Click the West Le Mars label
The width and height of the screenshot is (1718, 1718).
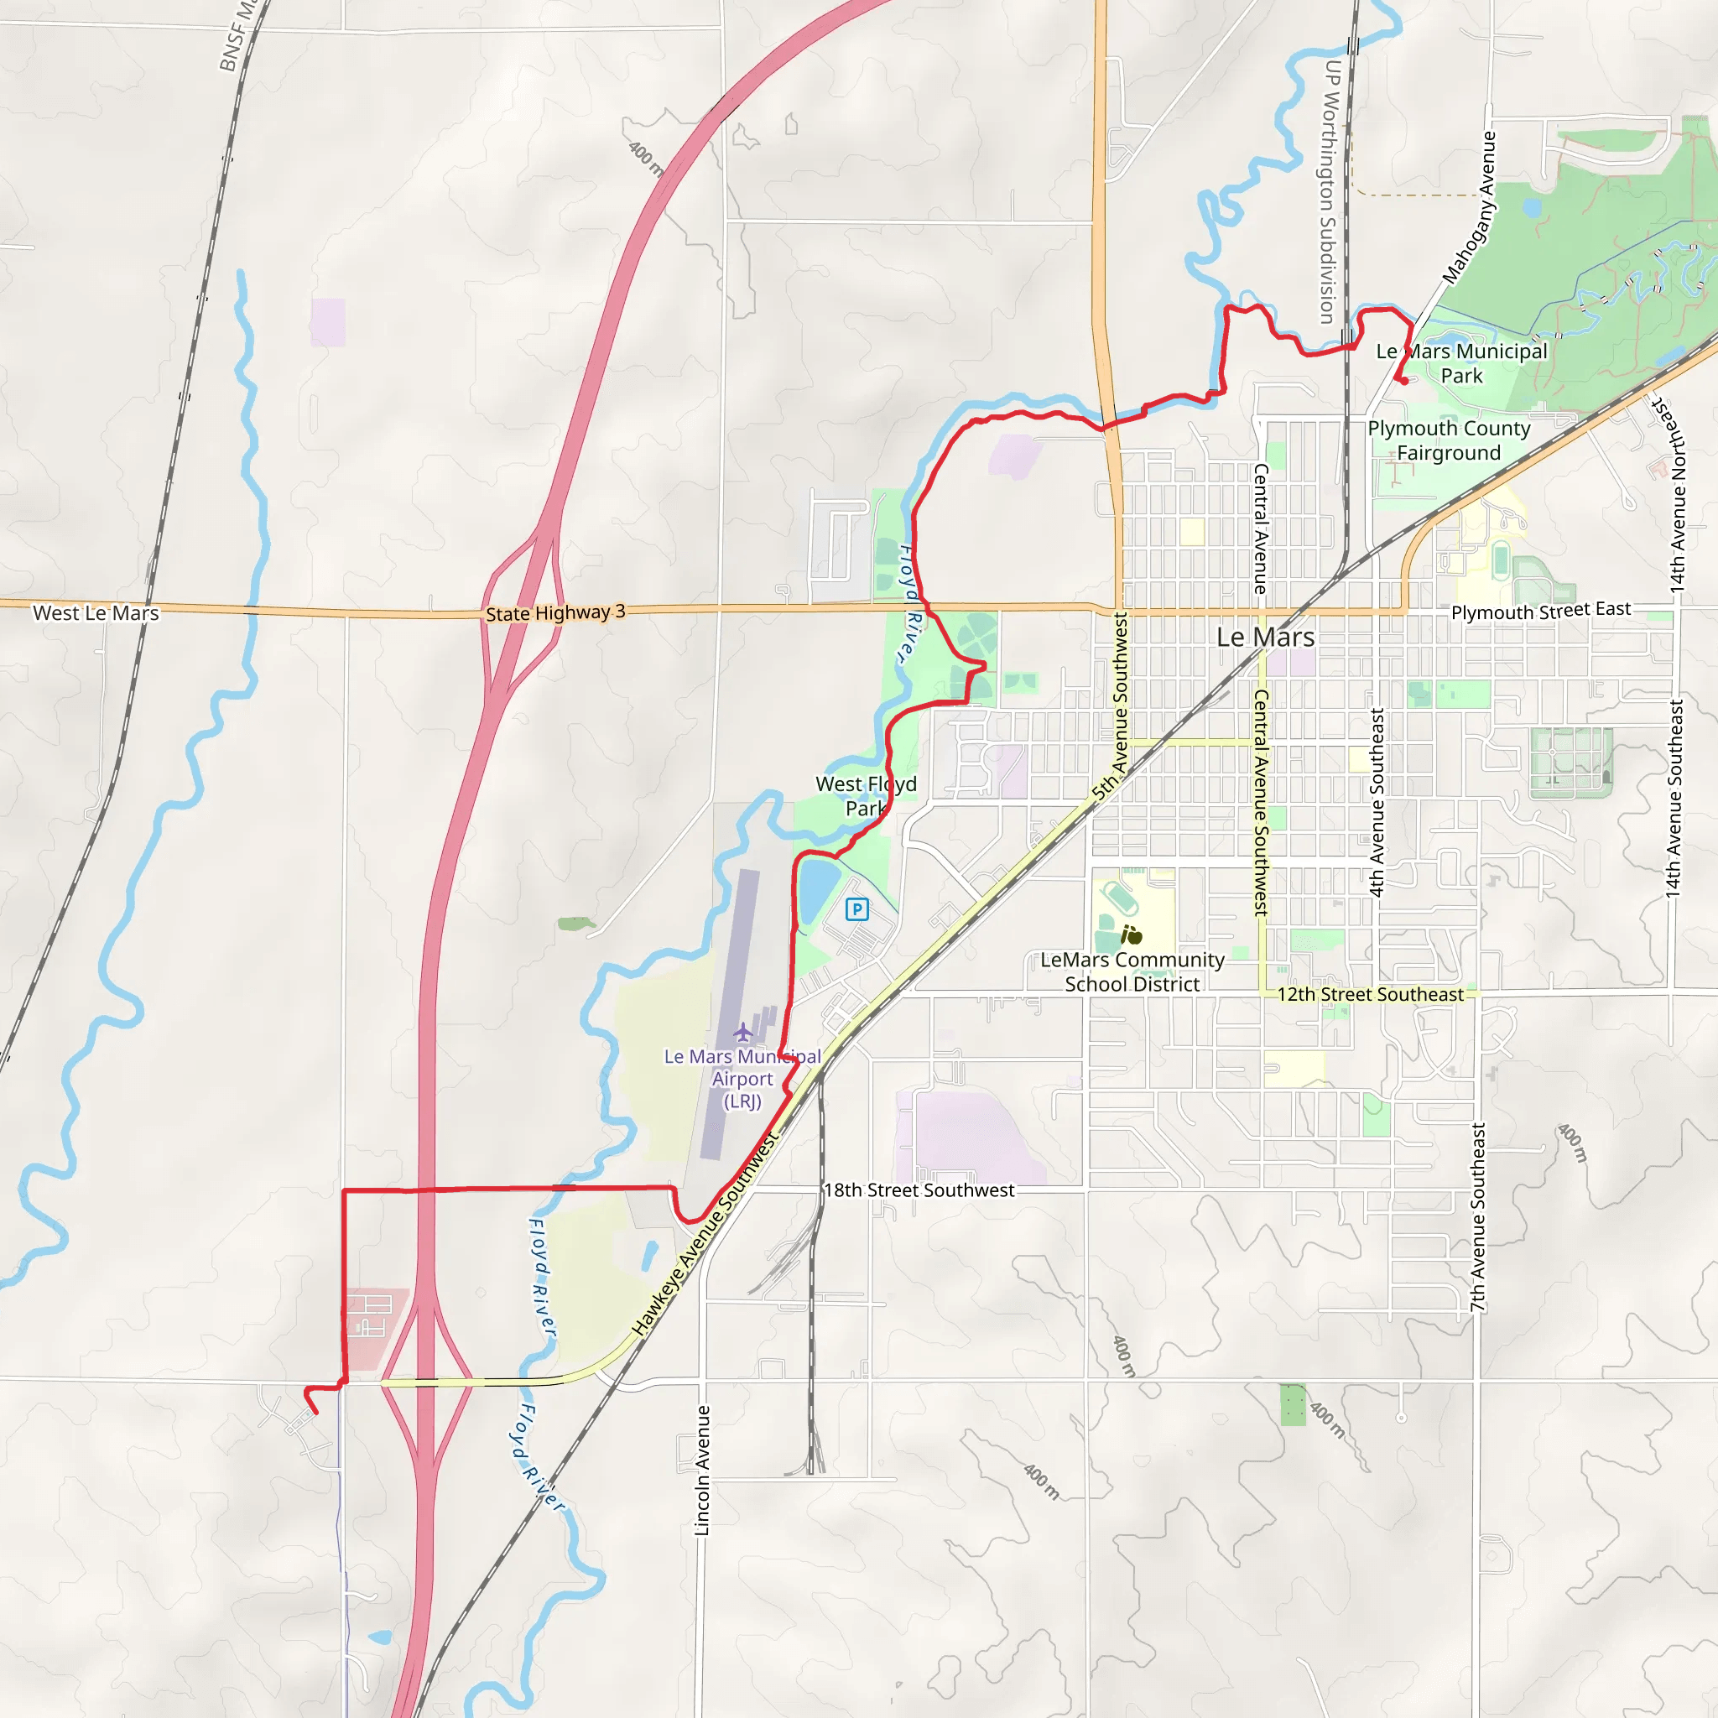pyautogui.click(x=96, y=612)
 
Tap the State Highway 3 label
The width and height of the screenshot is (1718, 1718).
pyautogui.click(x=554, y=612)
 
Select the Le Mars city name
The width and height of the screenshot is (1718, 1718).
pyautogui.click(x=1264, y=637)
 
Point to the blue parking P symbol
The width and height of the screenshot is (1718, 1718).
pyautogui.click(x=856, y=908)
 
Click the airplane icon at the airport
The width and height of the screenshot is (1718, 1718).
pyautogui.click(x=743, y=1033)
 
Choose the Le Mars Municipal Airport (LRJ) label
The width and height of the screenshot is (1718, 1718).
pyautogui.click(x=742, y=1079)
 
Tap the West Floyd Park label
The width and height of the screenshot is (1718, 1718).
pyautogui.click(x=865, y=796)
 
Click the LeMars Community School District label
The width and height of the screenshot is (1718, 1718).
pyautogui.click(x=1131, y=972)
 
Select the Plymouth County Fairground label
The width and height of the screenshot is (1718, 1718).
pyautogui.click(x=1449, y=440)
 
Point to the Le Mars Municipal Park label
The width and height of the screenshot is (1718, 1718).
pyautogui.click(x=1461, y=362)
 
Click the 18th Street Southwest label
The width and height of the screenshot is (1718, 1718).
pyautogui.click(x=919, y=1190)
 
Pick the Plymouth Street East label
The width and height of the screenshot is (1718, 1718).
pyautogui.click(x=1541, y=611)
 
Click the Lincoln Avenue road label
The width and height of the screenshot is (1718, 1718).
pyautogui.click(x=702, y=1470)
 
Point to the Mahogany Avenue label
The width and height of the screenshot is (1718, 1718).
pyautogui.click(x=1469, y=208)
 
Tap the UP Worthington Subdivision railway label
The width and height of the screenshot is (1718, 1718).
pyautogui.click(x=1330, y=191)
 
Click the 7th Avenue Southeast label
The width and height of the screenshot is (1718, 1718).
pyautogui.click(x=1478, y=1216)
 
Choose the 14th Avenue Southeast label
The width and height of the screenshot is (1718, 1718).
pyautogui.click(x=1675, y=799)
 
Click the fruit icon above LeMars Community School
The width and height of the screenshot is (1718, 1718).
pyautogui.click(x=1131, y=934)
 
